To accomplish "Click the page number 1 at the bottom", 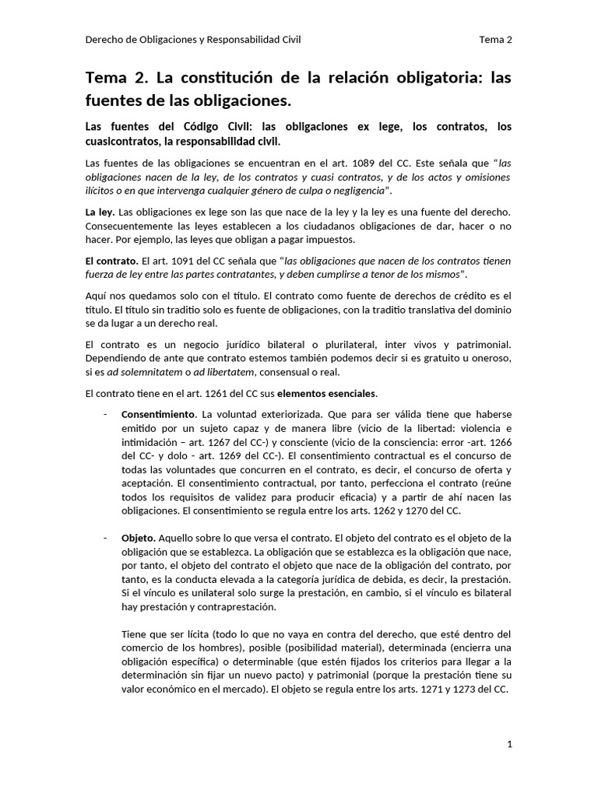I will coord(509,745).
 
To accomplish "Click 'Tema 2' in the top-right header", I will coord(496,40).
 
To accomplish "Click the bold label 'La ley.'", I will coord(100,212).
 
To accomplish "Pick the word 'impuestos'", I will coord(330,239).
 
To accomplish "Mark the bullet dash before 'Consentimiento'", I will coord(104,415).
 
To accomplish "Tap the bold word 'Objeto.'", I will coord(139,538).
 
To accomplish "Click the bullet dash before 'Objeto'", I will coord(104,538).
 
